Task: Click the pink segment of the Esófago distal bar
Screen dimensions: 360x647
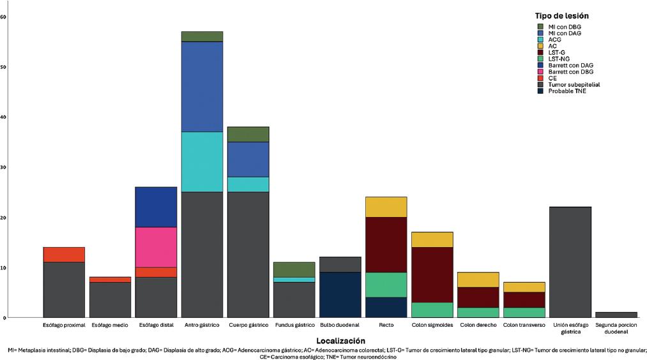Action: coord(156,247)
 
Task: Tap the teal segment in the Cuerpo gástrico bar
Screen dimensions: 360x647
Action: coord(248,184)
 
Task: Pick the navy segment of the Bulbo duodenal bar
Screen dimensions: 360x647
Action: coord(340,295)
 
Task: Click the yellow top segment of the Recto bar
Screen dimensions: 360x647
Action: coord(386,207)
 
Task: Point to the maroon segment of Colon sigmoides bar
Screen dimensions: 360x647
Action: coord(432,274)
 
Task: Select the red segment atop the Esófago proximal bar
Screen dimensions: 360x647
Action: coord(64,254)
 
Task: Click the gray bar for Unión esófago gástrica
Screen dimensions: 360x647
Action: coord(570,262)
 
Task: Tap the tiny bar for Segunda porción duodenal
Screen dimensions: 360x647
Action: coord(616,315)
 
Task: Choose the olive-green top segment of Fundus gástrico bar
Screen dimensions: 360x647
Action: coord(294,269)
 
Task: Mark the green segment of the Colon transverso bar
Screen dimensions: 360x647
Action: coord(524,312)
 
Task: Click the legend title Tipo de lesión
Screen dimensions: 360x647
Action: coord(561,15)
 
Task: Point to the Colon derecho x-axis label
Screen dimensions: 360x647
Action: coord(478,326)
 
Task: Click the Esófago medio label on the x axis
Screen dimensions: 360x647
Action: coord(110,326)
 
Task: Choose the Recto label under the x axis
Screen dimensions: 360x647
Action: coord(386,326)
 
